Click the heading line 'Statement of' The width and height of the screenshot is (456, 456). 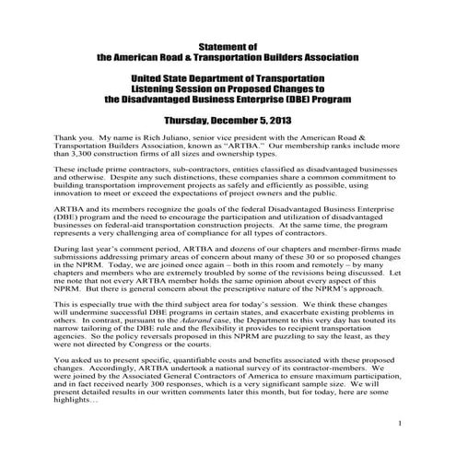(x=228, y=44)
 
